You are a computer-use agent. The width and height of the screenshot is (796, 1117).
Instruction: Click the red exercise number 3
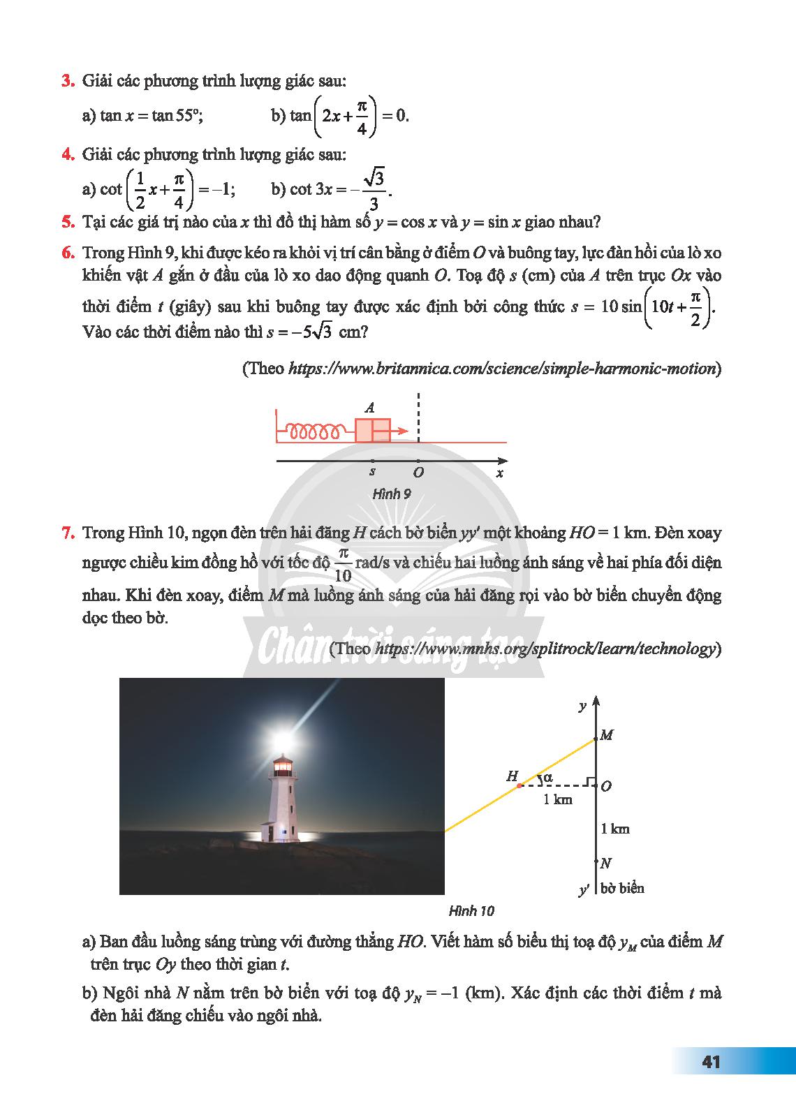68,82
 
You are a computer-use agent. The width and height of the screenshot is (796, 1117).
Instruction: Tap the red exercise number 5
68,222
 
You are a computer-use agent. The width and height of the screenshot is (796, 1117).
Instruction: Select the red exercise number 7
68,533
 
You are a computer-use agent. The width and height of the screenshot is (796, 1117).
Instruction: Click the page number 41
711,1062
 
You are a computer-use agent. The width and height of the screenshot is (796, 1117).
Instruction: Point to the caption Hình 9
392,494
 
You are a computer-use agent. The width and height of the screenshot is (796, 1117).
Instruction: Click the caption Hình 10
471,910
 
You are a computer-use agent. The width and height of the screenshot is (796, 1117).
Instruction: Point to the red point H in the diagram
519,786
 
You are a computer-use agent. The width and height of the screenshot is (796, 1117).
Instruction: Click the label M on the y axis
606,735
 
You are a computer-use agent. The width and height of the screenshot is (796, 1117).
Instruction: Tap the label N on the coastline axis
605,863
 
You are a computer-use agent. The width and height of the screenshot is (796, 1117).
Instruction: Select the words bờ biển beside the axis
622,889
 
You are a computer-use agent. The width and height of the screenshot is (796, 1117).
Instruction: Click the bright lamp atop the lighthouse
281,736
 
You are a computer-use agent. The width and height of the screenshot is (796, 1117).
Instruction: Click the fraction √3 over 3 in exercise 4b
375,190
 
